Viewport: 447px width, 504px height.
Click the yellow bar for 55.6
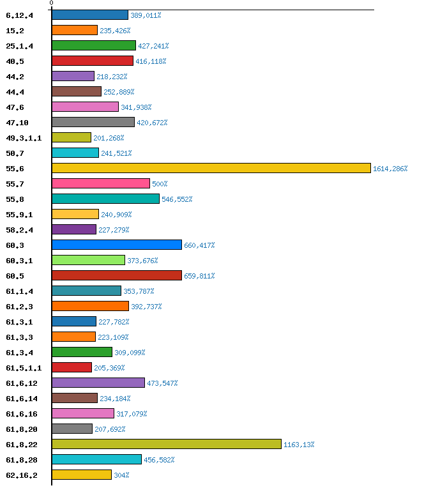211,168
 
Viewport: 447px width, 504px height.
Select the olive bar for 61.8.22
166,444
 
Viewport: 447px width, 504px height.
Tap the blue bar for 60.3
116,245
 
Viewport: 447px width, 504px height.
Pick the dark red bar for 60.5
116,275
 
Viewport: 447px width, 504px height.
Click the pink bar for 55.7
100,183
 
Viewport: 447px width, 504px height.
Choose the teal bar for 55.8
105,199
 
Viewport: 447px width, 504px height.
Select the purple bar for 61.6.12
98,383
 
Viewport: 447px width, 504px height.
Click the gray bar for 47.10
93,122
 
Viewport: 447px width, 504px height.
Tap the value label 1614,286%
390,169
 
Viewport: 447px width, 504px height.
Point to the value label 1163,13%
299,445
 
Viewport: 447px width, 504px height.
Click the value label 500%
160,184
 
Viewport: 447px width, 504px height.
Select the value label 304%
121,475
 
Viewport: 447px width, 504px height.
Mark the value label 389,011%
146,15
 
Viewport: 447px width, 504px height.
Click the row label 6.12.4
19,15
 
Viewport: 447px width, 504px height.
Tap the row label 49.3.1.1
24,137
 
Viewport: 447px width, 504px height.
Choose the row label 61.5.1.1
24,367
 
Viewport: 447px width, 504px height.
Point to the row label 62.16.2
22,475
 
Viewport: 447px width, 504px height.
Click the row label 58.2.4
19,229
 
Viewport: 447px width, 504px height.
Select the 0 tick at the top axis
51,3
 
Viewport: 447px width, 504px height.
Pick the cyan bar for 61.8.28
96,459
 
